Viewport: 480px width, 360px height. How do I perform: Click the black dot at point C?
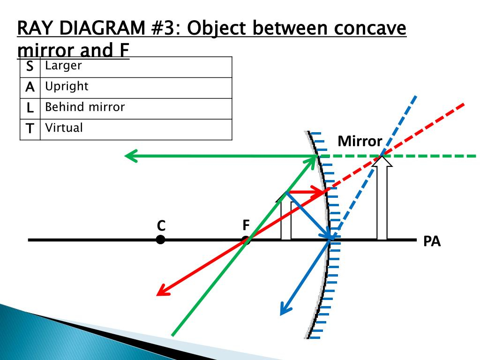tap(160, 240)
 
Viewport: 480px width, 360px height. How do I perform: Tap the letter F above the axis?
tap(246, 225)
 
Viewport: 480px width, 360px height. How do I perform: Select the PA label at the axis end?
tap(432, 241)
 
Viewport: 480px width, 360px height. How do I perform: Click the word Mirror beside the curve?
tap(360, 141)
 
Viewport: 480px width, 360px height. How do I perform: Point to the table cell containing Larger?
tap(136, 67)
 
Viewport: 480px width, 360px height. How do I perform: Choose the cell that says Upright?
tap(136, 88)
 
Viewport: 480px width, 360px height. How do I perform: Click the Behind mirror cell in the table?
tap(136, 109)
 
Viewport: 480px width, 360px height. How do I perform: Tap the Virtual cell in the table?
tap(136, 129)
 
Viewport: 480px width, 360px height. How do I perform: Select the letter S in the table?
tap(30, 66)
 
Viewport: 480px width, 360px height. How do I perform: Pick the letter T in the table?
tap(30, 128)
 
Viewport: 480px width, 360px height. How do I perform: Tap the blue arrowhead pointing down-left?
tap(285, 308)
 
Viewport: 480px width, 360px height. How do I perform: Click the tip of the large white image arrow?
tap(382, 157)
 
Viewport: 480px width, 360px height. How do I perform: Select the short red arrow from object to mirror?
tap(305, 192)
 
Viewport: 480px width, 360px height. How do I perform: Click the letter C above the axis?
tap(161, 225)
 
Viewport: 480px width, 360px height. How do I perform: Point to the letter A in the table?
tap(30, 87)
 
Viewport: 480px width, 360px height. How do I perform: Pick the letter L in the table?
tap(30, 108)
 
